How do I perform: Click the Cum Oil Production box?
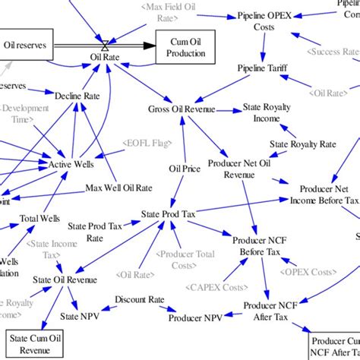tap(185, 47)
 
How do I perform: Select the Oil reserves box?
tap(25, 46)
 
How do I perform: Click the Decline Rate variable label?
tap(77, 96)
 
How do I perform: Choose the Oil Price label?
tap(185, 169)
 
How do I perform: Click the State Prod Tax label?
tap(169, 216)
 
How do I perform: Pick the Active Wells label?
tap(70, 164)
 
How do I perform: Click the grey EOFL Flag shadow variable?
tap(145, 141)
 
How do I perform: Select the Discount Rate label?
tap(140, 300)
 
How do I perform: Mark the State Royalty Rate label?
tap(303, 144)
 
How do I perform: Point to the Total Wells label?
tap(39, 219)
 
